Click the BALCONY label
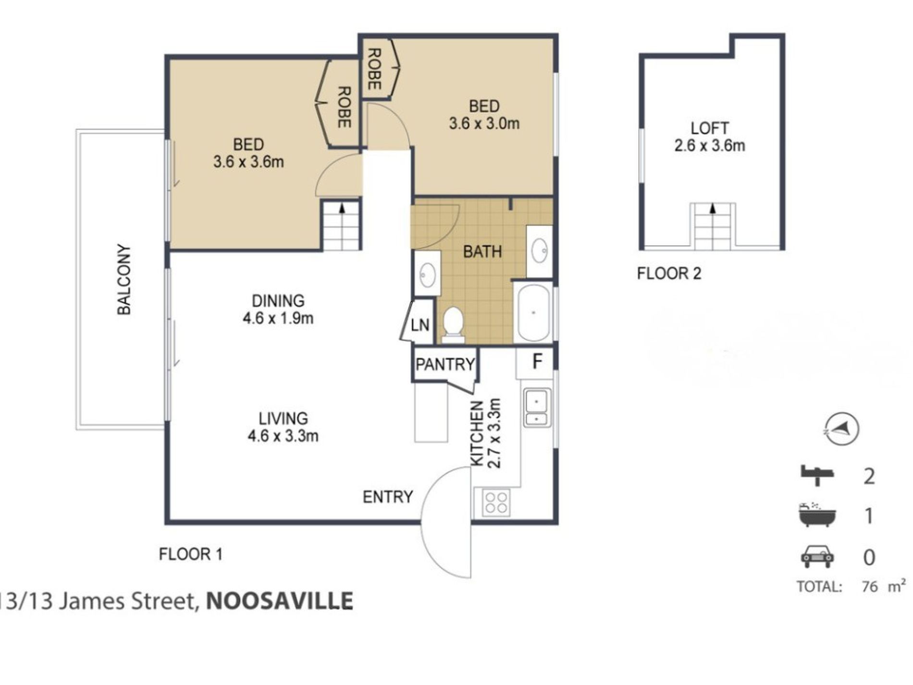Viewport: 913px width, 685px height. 124,280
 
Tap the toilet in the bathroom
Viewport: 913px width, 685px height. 452,323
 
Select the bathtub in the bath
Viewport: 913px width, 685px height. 533,312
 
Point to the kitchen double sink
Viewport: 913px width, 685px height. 537,408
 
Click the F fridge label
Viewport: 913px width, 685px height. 537,361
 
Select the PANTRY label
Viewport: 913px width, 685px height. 445,364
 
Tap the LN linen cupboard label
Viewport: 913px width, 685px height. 420,325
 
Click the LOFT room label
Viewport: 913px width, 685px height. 709,128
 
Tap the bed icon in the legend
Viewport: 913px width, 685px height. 816,476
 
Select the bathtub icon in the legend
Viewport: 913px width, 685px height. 816,515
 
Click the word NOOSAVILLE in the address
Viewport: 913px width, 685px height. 280,601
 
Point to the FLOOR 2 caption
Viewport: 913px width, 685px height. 669,274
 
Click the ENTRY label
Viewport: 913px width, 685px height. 387,497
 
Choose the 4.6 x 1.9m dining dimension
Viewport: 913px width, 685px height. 278,318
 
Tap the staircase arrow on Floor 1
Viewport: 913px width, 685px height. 342,208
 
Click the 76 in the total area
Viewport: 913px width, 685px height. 869,587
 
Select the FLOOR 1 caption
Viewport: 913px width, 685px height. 190,554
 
